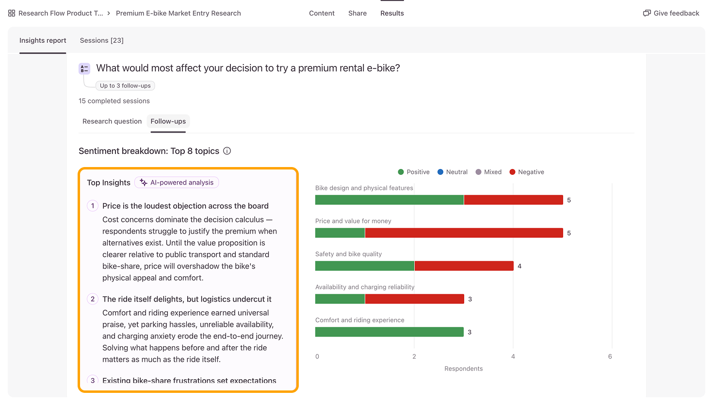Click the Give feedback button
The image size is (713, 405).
(671, 13)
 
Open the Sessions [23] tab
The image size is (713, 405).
(101, 40)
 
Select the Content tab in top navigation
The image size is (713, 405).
(322, 13)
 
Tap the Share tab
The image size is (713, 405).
(357, 13)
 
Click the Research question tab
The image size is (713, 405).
(112, 121)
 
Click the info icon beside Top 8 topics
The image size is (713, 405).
(227, 151)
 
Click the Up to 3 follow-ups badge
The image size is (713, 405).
(125, 86)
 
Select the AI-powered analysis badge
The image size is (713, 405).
(177, 183)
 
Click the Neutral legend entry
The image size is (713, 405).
(453, 172)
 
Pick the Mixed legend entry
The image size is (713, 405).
(488, 172)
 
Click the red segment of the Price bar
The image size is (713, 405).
(464, 233)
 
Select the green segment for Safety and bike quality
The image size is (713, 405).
(365, 266)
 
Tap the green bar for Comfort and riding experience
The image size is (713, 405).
(389, 332)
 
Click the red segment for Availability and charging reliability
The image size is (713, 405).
(414, 299)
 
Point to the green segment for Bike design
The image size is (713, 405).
(389, 200)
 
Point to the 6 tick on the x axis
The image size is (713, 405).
(610, 356)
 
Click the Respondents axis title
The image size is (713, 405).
(464, 369)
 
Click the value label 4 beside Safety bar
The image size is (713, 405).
(519, 266)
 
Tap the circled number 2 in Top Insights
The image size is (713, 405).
(93, 299)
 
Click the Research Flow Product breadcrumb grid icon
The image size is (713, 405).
(12, 13)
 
